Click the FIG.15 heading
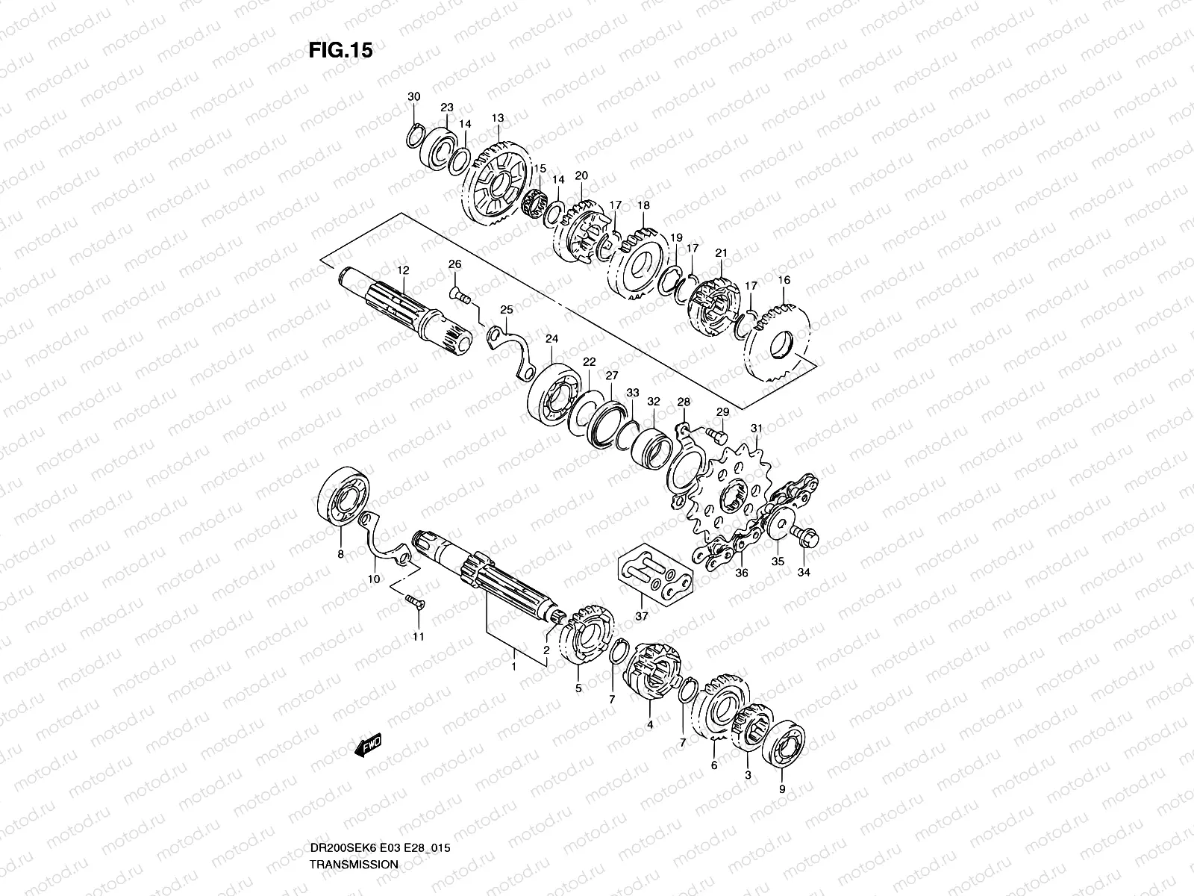coord(340,51)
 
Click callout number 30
coord(414,97)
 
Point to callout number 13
coord(498,118)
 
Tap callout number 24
coord(551,339)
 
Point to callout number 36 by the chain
coord(741,573)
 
